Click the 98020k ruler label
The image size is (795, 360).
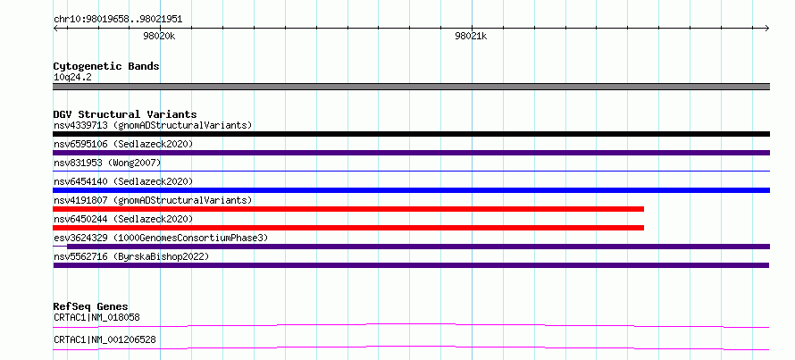(159, 36)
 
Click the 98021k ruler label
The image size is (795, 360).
(471, 36)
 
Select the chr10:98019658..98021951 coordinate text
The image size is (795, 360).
(118, 20)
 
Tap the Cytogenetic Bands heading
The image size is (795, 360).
(106, 66)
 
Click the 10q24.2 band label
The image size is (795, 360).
(72, 78)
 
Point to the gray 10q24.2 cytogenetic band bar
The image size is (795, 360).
(411, 87)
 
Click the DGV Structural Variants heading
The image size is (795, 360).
(125, 114)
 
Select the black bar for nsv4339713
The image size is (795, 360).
(411, 134)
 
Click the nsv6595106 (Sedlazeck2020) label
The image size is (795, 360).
(123, 144)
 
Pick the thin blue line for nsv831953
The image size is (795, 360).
(411, 172)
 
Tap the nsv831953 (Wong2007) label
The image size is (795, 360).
(107, 163)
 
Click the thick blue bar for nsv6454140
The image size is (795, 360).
(411, 190)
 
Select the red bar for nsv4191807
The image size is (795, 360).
(348, 209)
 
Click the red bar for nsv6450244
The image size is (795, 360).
(348, 228)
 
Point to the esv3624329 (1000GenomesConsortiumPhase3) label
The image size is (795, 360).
(161, 238)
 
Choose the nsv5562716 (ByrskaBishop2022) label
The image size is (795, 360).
(131, 257)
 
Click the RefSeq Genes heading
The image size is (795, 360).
(91, 306)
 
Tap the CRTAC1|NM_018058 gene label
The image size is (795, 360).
(96, 318)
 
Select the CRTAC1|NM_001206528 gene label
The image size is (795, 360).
(105, 339)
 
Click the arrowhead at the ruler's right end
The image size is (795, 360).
(767, 28)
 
